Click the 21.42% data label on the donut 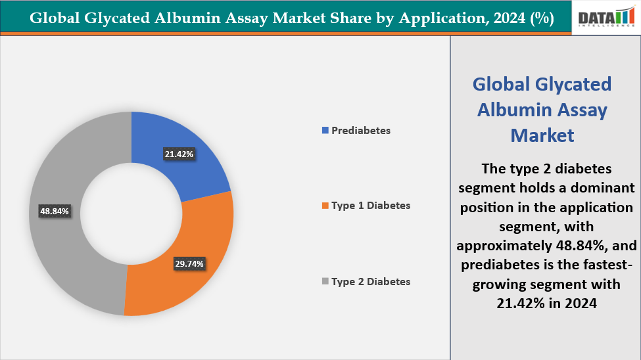[179, 154]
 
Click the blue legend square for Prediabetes [325, 131]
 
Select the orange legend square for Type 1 [325, 206]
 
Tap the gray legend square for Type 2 [325, 282]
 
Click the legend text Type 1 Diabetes [371, 206]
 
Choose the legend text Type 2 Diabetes [371, 281]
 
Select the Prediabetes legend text [361, 130]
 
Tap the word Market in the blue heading [542, 135]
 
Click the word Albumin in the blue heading [516, 109]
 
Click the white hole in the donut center [131, 213]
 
